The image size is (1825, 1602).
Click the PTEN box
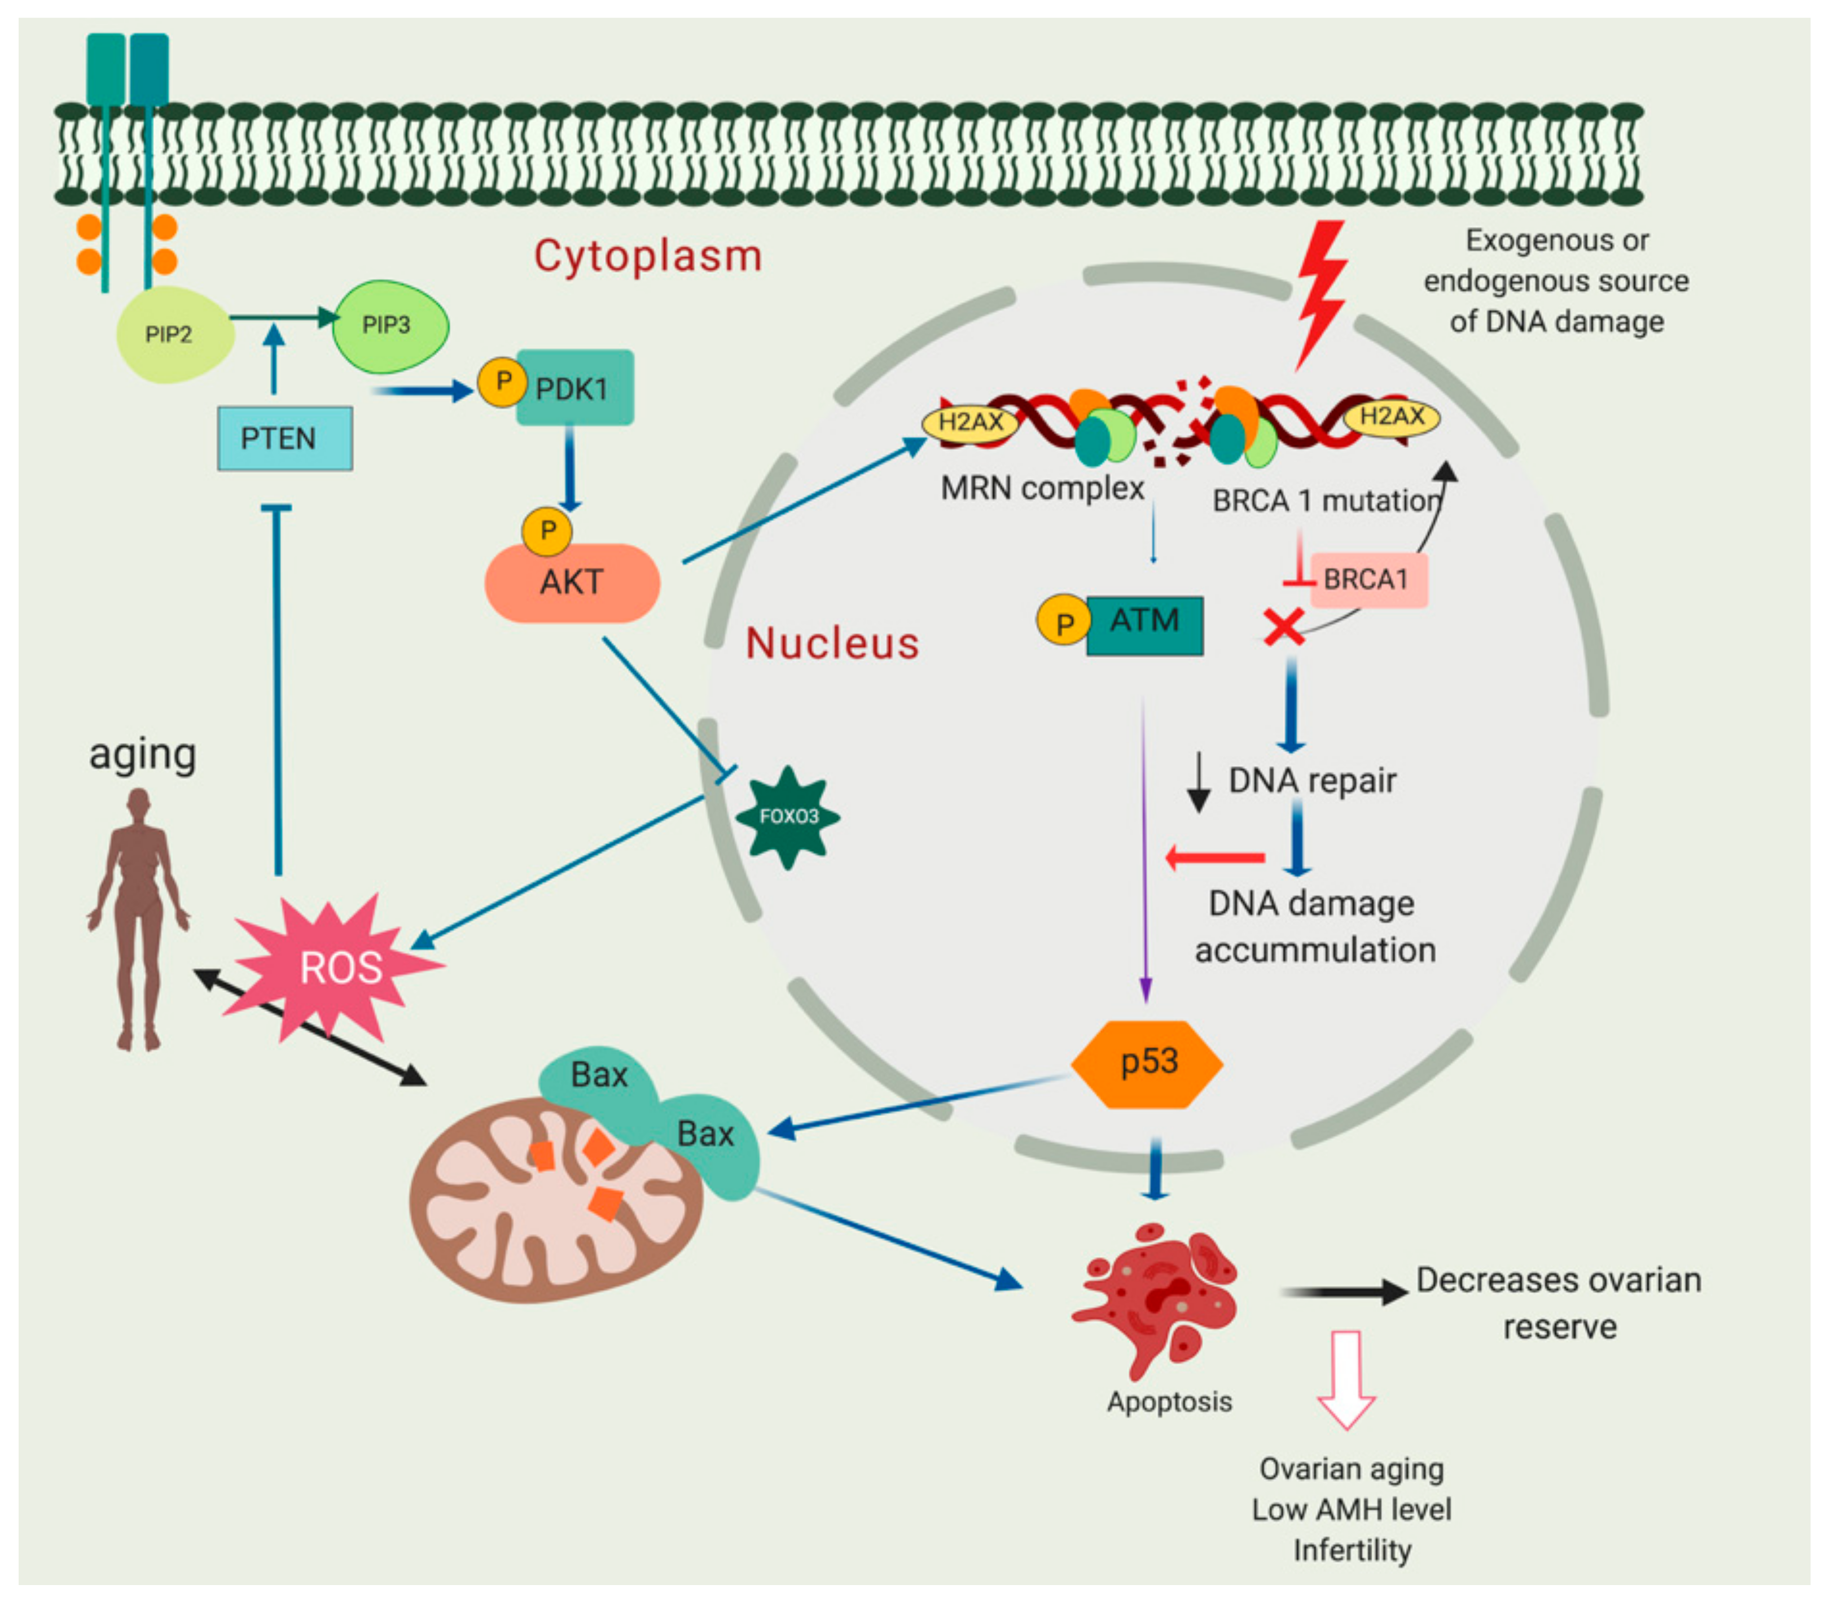click(285, 439)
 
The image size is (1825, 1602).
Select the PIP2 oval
click(175, 335)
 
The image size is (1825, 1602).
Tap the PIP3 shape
click(390, 326)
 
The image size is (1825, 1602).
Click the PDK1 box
click(575, 388)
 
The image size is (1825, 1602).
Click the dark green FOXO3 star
click(787, 817)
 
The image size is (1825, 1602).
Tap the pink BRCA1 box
click(1369, 580)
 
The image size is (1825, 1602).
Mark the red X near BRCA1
click(1284, 627)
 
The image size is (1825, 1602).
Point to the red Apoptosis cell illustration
click(1157, 1299)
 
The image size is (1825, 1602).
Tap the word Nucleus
click(832, 643)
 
